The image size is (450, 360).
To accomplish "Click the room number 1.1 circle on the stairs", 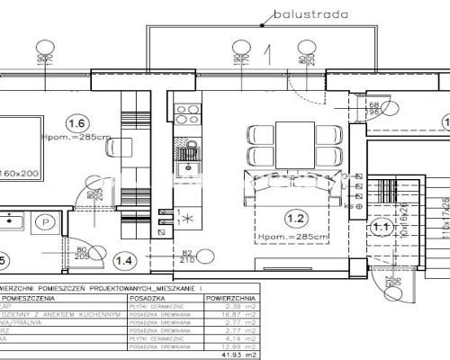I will coord(382,229).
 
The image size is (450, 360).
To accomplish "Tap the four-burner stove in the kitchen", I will coord(189,115).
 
